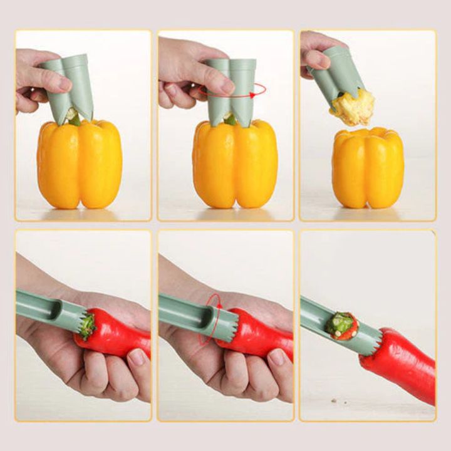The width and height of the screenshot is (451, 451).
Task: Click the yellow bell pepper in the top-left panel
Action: coord(79,164)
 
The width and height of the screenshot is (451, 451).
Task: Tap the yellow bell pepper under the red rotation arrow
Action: coord(235,164)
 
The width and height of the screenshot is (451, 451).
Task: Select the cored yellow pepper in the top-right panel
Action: coord(368,167)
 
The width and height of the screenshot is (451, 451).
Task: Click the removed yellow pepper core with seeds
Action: coord(352,107)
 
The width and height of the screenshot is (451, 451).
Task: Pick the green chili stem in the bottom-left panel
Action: coord(87,326)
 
